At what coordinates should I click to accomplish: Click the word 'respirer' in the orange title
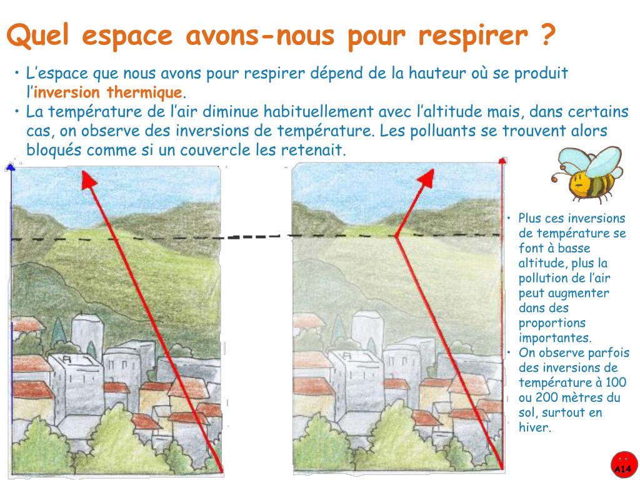(x=473, y=36)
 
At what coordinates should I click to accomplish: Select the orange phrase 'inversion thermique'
(x=107, y=92)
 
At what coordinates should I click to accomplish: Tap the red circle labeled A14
(x=623, y=465)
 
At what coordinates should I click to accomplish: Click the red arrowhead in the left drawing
(x=88, y=180)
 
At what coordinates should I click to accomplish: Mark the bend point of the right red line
(x=396, y=236)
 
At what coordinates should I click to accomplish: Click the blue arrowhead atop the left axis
(x=11, y=166)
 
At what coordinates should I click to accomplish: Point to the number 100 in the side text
(x=616, y=382)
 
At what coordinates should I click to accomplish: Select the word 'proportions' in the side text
(x=552, y=323)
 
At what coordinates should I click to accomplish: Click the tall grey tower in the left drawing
(x=87, y=331)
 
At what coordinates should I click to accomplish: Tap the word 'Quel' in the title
(x=37, y=35)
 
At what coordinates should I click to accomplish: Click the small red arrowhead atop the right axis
(x=502, y=161)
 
